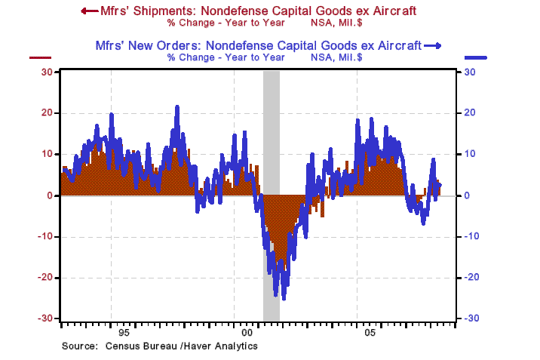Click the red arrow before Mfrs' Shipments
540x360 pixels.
point(88,11)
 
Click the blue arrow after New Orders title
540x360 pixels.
point(433,46)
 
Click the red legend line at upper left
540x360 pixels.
point(39,57)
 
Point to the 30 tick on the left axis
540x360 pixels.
point(45,72)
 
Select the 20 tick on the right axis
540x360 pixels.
point(470,112)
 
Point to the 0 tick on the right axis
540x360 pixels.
point(468,195)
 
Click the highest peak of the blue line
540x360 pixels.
point(177,107)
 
